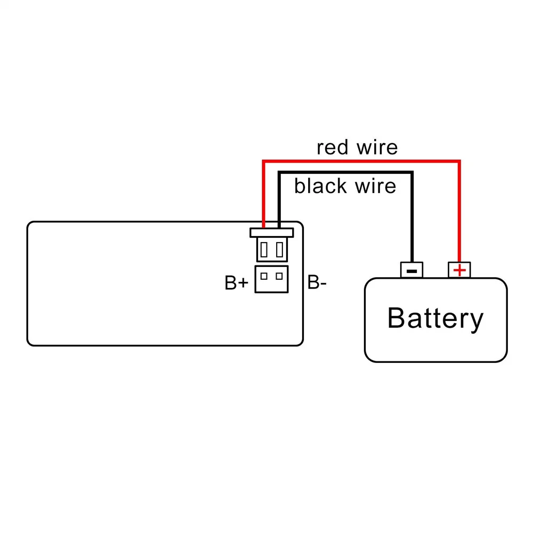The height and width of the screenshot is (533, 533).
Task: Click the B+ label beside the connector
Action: (x=236, y=283)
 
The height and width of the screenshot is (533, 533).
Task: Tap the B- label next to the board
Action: (x=317, y=283)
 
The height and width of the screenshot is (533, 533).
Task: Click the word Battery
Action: (x=435, y=318)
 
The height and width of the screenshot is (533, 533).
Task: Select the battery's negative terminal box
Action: (x=411, y=270)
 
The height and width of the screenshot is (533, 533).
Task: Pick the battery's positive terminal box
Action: (x=459, y=270)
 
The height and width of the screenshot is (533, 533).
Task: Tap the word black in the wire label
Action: (x=320, y=186)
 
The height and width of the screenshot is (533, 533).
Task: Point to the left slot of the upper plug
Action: (x=264, y=249)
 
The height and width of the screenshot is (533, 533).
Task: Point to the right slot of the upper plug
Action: (x=279, y=249)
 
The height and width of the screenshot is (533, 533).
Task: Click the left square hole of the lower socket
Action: (x=264, y=276)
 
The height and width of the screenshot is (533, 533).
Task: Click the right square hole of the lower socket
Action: (x=279, y=276)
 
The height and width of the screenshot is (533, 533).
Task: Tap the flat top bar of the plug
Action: (x=271, y=232)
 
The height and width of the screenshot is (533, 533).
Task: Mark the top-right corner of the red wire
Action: (x=459, y=160)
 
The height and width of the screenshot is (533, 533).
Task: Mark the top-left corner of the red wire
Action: (x=263, y=160)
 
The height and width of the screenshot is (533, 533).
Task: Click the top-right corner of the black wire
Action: (x=411, y=172)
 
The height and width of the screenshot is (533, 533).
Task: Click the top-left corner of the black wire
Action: (x=279, y=172)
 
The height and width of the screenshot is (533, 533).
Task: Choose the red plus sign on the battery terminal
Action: (x=459, y=271)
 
